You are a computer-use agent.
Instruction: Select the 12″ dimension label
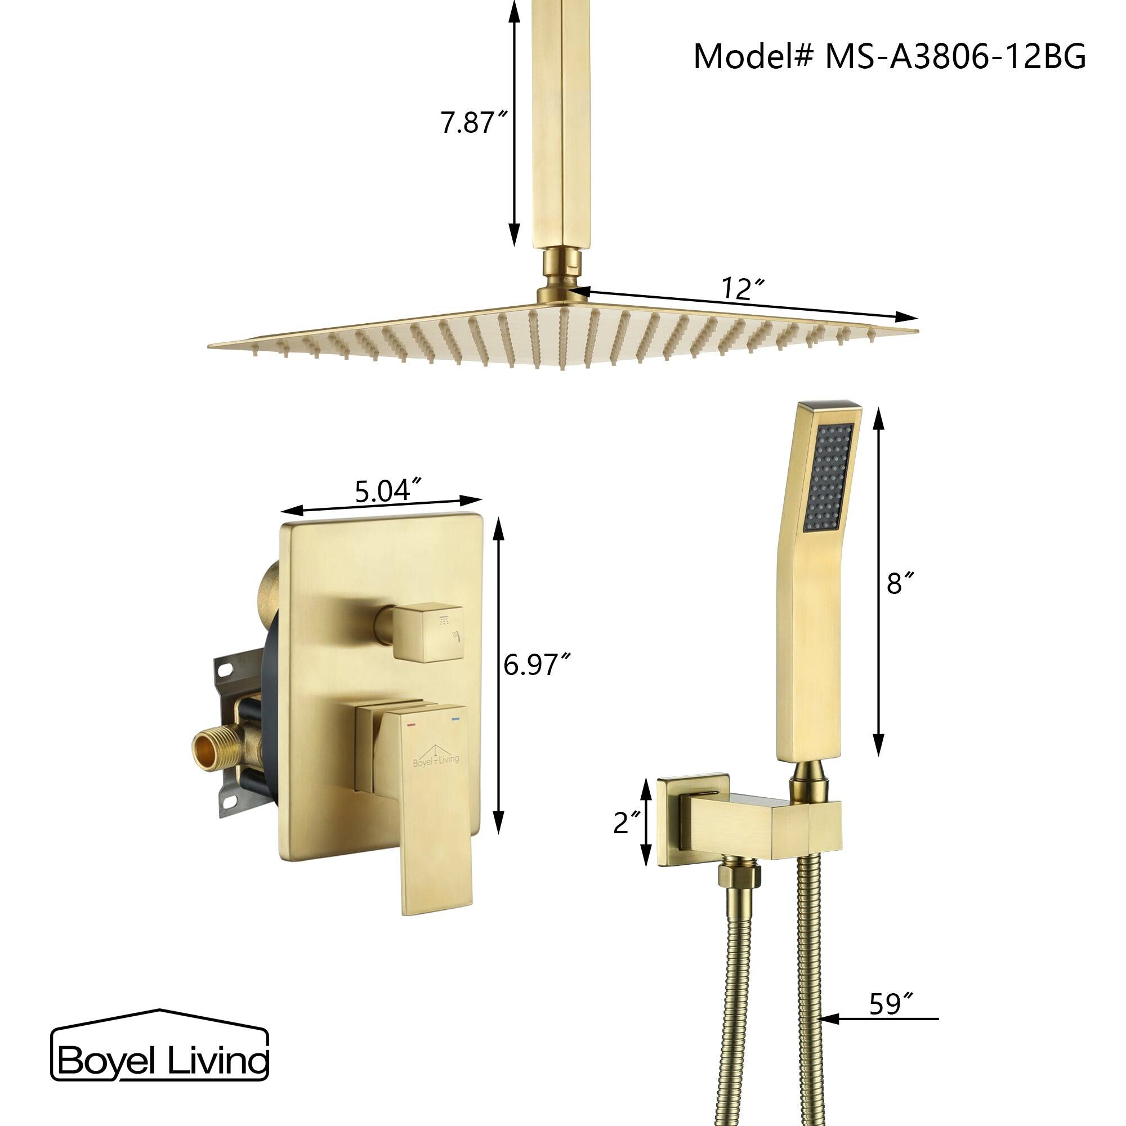pos(743,288)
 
